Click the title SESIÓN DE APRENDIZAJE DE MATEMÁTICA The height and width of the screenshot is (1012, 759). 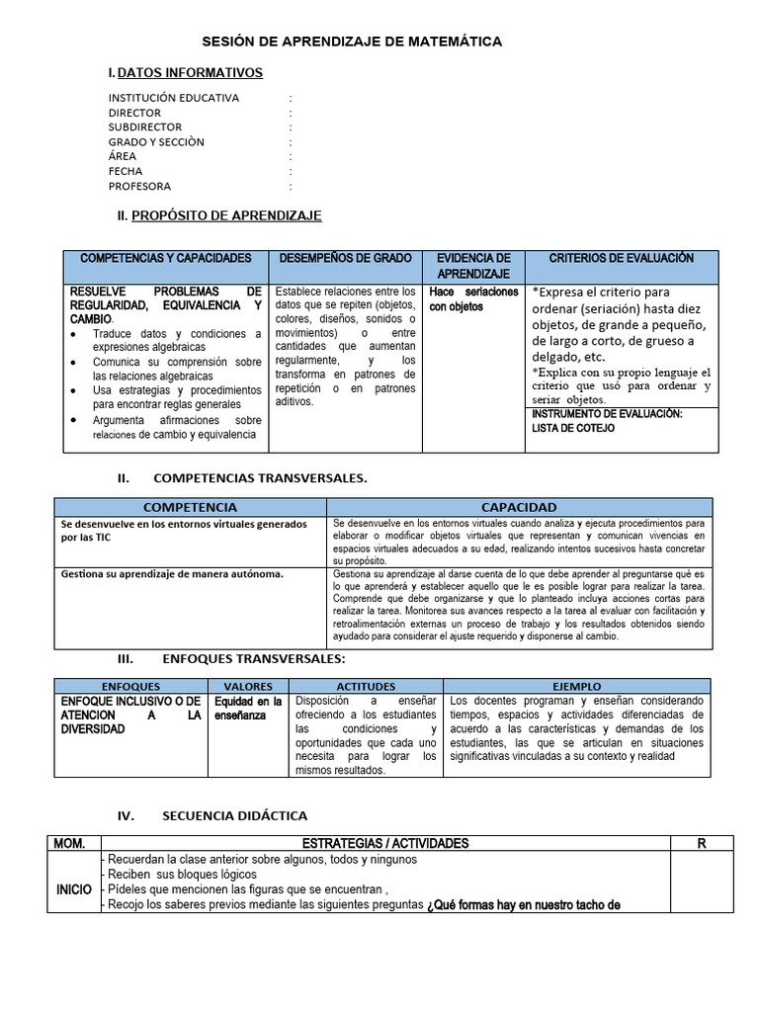tap(352, 42)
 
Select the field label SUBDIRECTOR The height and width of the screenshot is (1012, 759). tap(145, 127)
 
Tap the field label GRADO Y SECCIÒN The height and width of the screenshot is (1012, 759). tap(156, 142)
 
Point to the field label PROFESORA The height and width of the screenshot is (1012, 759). tap(139, 186)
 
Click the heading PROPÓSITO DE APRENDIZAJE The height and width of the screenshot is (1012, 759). tap(226, 215)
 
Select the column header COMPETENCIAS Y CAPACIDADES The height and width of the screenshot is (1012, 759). tap(165, 258)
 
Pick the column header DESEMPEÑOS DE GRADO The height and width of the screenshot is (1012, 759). tap(345, 258)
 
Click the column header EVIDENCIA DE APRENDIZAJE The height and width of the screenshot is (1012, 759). tap(473, 265)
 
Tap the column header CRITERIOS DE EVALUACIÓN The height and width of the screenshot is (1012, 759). tap(622, 258)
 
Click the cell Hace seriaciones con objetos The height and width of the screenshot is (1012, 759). tap(473, 299)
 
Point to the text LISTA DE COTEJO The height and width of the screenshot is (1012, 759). tap(573, 428)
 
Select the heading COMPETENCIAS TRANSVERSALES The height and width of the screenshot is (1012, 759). tap(262, 478)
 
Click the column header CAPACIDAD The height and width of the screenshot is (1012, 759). tap(518, 507)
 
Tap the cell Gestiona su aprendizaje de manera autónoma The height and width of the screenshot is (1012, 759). tap(172, 573)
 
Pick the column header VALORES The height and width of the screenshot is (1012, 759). tap(248, 686)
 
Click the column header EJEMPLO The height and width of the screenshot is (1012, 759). tap(576, 686)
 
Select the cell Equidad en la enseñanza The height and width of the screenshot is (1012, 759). tap(248, 708)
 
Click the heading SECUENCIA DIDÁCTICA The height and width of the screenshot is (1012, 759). tap(233, 815)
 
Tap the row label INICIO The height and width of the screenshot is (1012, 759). tap(74, 889)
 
